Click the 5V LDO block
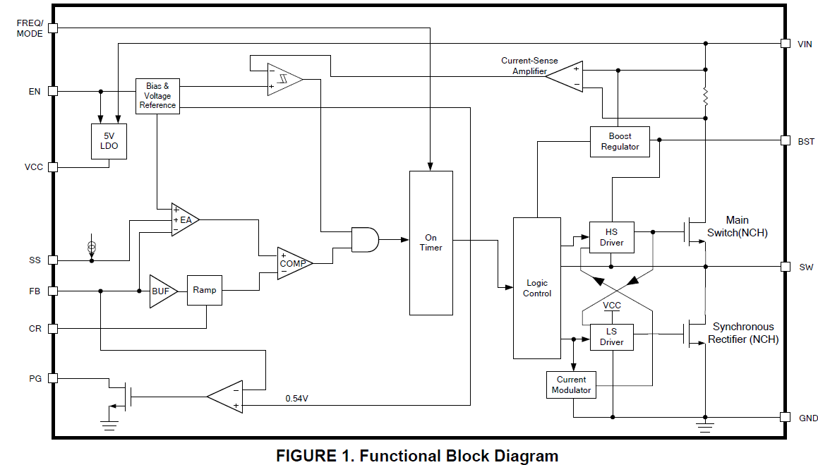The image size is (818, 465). coord(109,141)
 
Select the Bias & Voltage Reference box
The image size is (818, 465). coord(157,96)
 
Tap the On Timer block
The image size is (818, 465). coord(431,243)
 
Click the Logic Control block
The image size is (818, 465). coord(536,288)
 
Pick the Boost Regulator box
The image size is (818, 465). coord(620,141)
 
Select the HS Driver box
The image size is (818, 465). coord(611,238)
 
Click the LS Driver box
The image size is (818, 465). coord(611,337)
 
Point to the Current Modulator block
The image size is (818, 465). coord(571,385)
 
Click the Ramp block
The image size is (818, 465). coord(204,290)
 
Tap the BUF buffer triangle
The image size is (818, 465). coord(161,291)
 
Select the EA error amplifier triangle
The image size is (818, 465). coord(184,220)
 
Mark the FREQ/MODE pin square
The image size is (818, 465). coord(53,28)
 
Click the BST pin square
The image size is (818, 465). coord(785,140)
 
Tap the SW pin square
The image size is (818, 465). coord(785,267)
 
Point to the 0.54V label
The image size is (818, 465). coord(296,399)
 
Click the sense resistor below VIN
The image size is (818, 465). coord(704,97)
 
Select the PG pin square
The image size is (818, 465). coord(53,378)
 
